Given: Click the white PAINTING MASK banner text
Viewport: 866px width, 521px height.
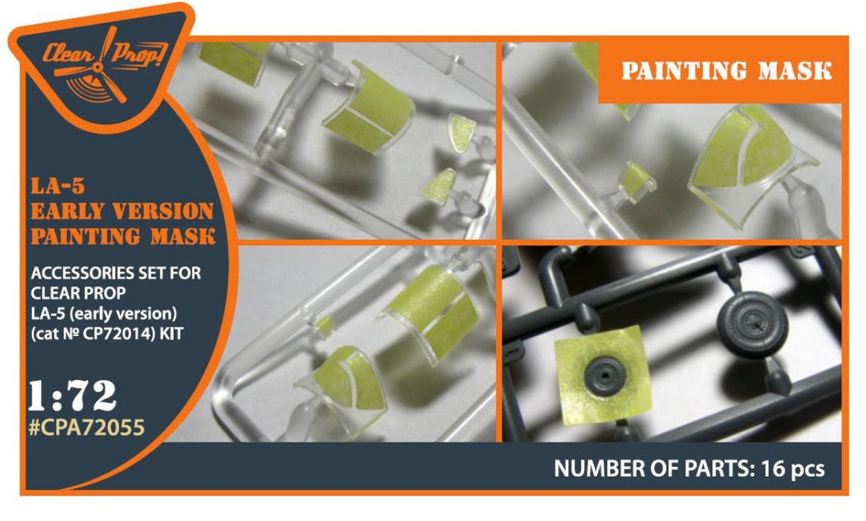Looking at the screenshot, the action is click(x=727, y=71).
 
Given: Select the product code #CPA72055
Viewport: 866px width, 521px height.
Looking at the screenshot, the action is click(x=87, y=428).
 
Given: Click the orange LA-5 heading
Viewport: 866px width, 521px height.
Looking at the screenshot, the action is click(x=58, y=186).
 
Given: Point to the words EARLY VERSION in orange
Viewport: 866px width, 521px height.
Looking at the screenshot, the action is click(x=122, y=211).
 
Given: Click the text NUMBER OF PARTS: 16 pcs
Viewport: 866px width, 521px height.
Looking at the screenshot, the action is click(x=689, y=469).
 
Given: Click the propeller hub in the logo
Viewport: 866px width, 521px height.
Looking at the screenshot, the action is click(x=100, y=68).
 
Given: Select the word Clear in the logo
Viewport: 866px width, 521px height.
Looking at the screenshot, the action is click(x=68, y=54).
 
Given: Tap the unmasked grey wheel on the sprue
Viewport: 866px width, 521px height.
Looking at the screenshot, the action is click(x=751, y=324).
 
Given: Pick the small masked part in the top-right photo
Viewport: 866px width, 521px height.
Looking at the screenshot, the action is click(x=637, y=183).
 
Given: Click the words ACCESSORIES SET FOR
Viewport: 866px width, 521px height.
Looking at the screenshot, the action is click(x=116, y=273).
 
